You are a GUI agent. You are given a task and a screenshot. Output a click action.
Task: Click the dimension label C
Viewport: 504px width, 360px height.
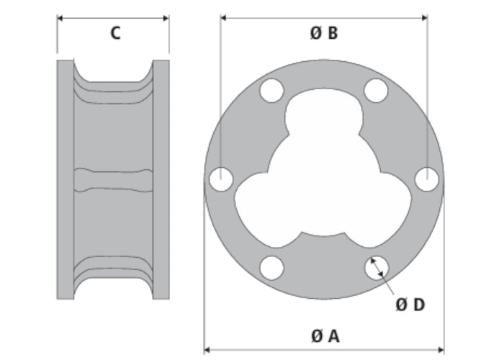(115, 33)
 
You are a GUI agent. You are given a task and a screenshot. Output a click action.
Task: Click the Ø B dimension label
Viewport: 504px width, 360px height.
(324, 33)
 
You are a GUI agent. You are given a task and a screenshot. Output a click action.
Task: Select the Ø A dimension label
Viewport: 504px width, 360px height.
(325, 336)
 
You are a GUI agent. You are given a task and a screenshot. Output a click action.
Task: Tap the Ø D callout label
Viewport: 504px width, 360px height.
(410, 305)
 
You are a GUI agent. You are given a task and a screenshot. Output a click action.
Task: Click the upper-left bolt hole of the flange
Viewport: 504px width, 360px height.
(271, 91)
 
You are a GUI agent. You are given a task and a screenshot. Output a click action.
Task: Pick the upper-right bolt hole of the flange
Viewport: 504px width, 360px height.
(376, 91)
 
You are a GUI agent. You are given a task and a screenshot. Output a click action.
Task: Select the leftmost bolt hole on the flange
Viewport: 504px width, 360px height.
(221, 179)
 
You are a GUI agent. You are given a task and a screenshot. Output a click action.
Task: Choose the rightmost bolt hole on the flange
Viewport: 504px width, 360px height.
(427, 179)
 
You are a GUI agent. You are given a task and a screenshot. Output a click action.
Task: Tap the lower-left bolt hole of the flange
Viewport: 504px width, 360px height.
(271, 268)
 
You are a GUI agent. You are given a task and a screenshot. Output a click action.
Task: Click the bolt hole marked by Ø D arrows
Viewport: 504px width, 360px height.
(377, 268)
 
